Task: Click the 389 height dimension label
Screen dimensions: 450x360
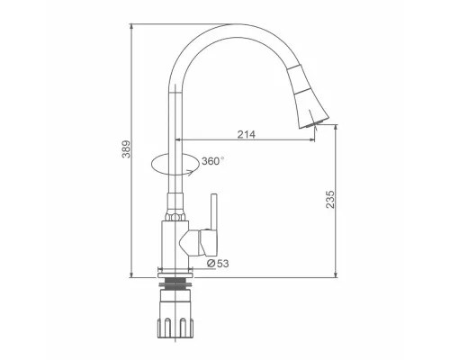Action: (127, 148)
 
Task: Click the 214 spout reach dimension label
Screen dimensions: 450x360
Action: (247, 134)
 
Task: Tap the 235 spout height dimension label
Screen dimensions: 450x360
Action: (329, 199)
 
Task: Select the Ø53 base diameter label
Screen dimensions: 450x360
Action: (218, 264)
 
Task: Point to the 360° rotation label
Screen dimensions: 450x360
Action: (212, 161)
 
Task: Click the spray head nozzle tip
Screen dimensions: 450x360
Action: (313, 124)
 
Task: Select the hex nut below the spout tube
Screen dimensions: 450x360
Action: (175, 217)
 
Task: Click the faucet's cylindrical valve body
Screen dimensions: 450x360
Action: (175, 244)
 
